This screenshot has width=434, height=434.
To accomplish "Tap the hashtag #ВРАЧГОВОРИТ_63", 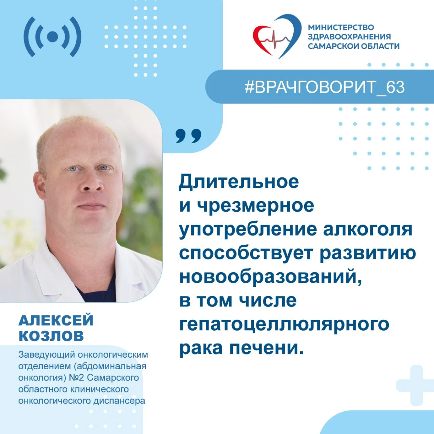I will (x=324, y=87).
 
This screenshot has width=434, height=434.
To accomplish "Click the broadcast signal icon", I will (x=52, y=37).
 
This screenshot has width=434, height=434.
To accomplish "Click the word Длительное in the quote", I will (x=239, y=182).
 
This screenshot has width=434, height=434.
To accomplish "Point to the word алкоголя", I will (x=367, y=230).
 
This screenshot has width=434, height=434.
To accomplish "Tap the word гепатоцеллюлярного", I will (x=284, y=324).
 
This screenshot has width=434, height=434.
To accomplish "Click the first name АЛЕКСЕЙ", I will (x=56, y=320).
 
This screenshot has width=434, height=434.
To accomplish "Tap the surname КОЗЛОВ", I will (x=51, y=336).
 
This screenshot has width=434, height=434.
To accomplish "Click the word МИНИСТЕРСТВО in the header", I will (x=341, y=27).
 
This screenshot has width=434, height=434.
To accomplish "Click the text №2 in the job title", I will (x=77, y=378).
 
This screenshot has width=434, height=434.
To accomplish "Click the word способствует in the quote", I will (x=246, y=254).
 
